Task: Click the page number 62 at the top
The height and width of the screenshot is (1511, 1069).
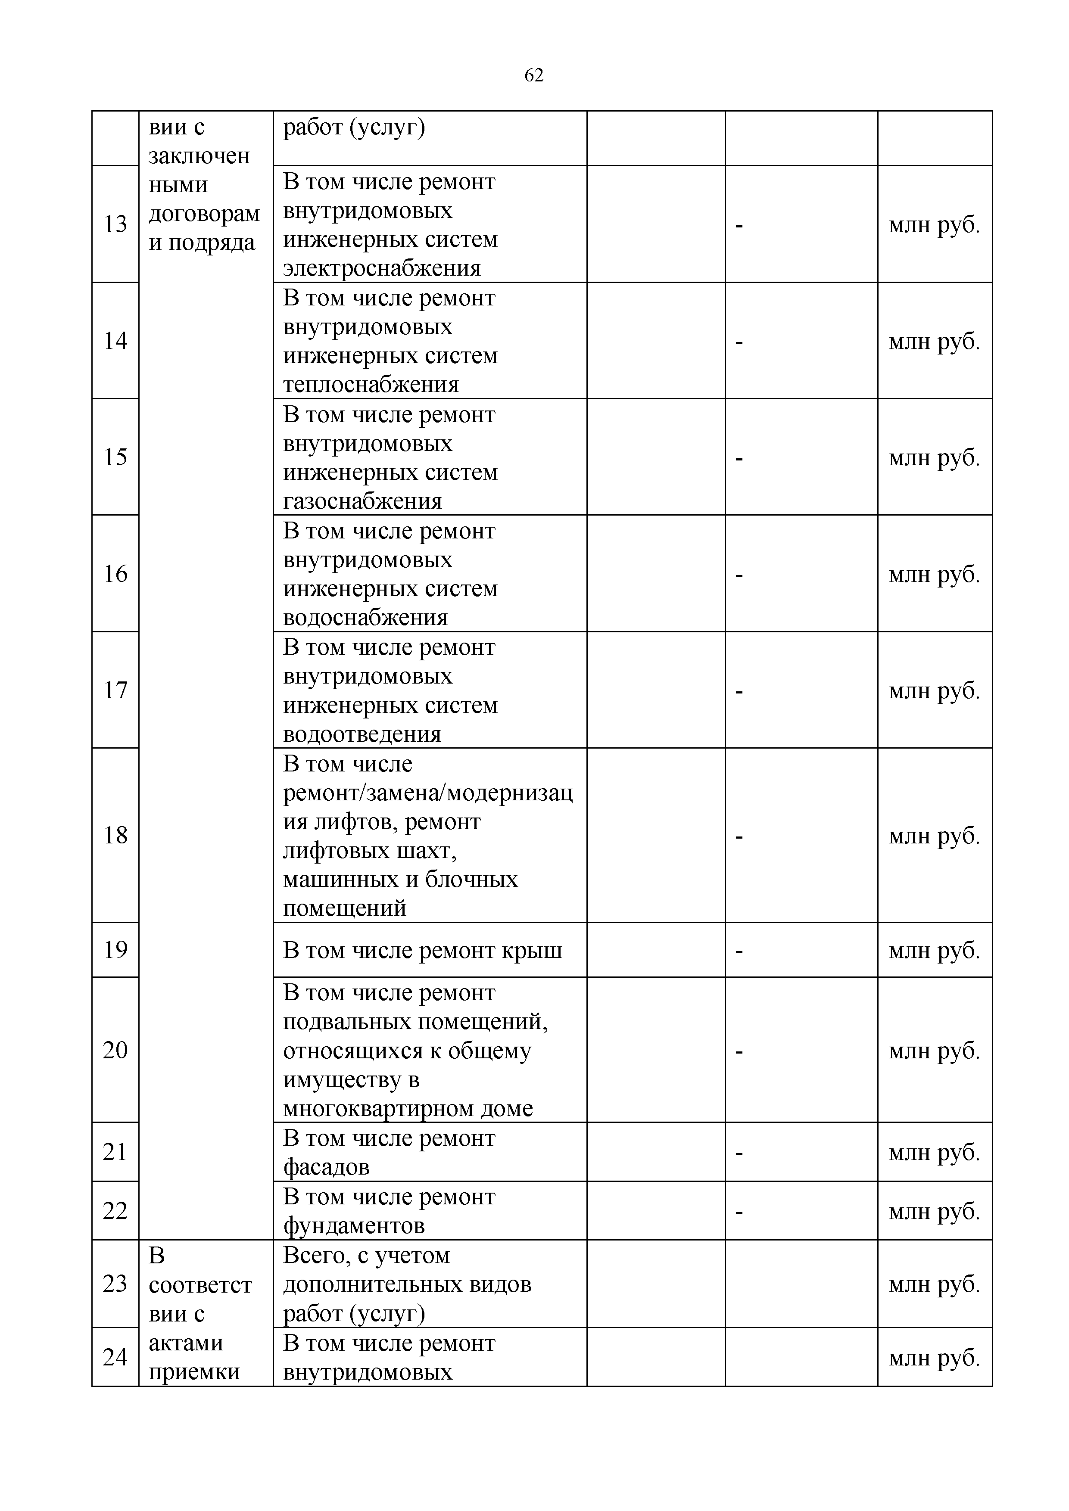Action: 534,76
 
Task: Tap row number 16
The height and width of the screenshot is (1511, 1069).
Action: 115,573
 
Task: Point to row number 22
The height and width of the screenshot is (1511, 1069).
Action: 115,1210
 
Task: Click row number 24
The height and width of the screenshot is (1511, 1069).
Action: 115,1356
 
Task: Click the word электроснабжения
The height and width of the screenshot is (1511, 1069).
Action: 382,268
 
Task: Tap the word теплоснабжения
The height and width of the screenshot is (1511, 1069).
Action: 371,384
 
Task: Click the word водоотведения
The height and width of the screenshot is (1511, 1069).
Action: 362,734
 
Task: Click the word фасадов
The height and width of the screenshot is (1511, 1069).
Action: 327,1167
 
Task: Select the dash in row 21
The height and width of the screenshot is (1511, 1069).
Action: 739,1153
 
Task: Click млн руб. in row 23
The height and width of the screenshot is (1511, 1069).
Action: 934,1284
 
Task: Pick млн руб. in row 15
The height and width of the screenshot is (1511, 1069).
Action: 934,457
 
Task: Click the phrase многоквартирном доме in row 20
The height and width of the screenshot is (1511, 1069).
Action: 408,1108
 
